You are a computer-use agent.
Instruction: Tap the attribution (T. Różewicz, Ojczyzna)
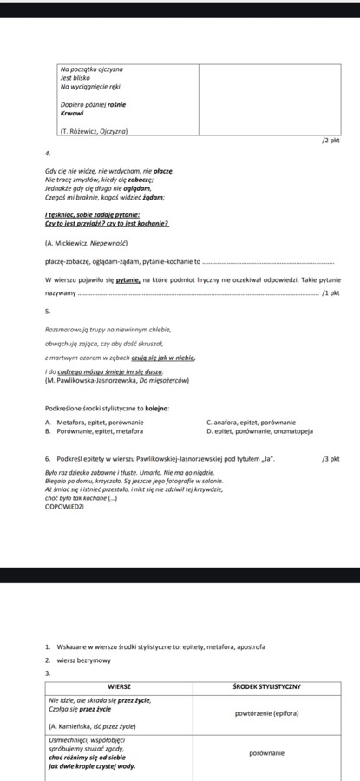(x=94, y=131)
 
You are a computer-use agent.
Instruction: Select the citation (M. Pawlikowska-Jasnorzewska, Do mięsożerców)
(x=117, y=380)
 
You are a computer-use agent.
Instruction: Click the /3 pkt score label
(x=330, y=457)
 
